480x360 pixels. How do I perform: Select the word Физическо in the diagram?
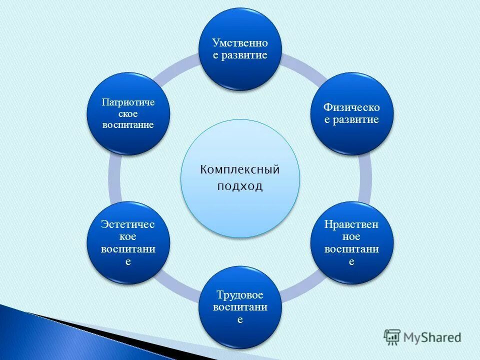[351, 107]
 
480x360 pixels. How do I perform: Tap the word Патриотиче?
[128, 102]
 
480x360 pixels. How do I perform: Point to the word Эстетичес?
[128, 224]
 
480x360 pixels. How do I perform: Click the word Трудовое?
[240, 294]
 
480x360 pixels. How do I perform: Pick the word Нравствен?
[351, 224]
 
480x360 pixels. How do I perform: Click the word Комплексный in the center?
[240, 169]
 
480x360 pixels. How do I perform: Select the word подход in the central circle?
[240, 186]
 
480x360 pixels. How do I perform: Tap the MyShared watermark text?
[433, 337]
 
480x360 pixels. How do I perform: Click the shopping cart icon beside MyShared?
[392, 337]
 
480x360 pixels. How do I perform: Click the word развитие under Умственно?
[245, 55]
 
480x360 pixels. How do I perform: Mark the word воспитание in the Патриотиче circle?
[128, 124]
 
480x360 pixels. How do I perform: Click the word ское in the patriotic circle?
[128, 113]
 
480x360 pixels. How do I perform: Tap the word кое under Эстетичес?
[128, 237]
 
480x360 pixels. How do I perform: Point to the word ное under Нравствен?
[351, 237]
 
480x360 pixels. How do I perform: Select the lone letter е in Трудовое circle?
[240, 319]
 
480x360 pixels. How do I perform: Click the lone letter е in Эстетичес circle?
[128, 262]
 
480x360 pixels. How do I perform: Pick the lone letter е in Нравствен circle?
[351, 262]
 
